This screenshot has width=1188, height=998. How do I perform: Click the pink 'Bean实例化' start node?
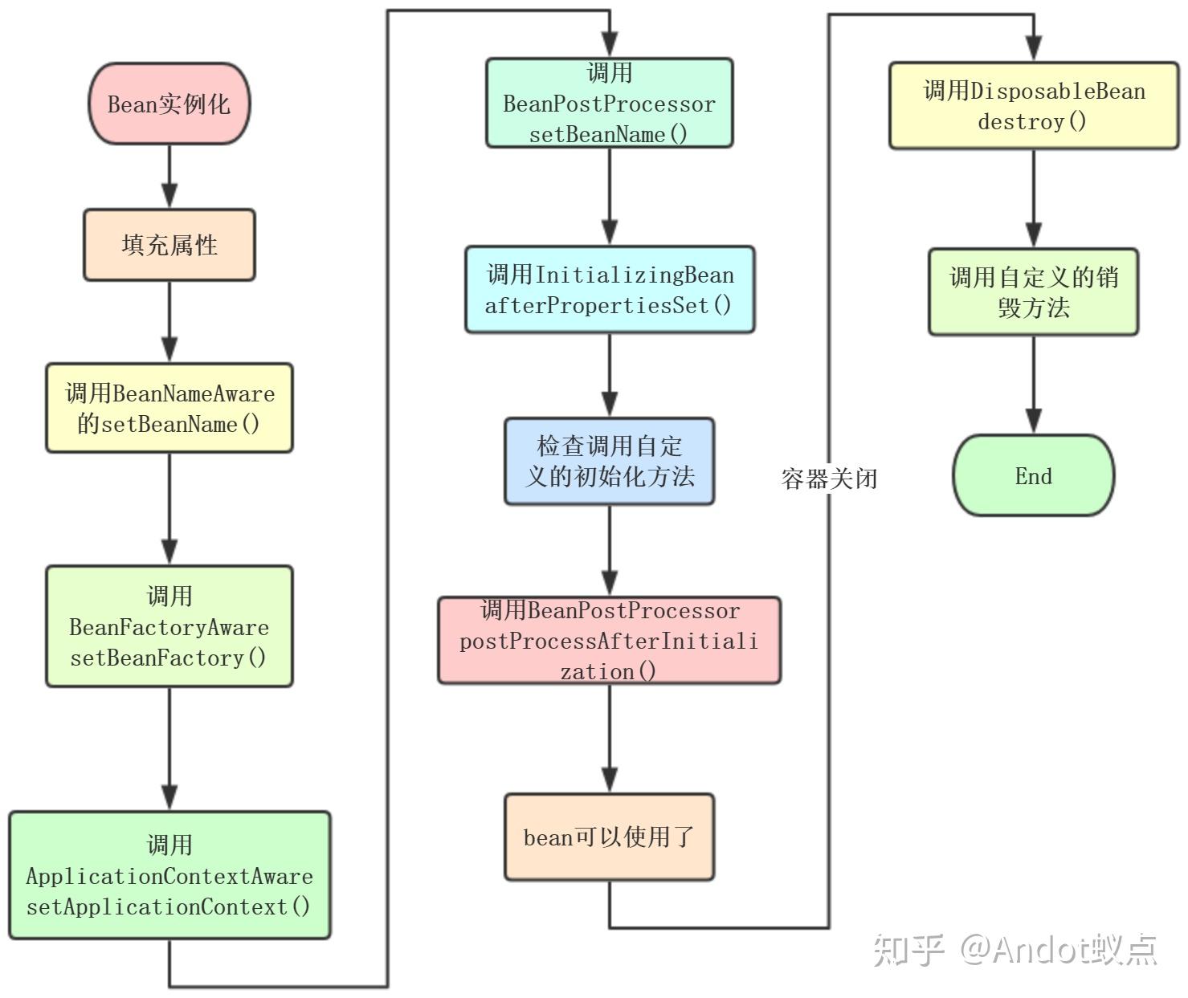(x=169, y=104)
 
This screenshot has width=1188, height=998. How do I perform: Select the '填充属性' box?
(x=169, y=245)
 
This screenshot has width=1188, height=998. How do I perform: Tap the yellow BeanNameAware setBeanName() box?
(x=169, y=408)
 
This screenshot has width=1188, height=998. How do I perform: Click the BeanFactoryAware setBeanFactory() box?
(x=169, y=626)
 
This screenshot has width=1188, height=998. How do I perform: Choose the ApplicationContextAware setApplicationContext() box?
(x=169, y=875)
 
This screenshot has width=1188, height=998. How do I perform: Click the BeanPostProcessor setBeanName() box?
(x=609, y=103)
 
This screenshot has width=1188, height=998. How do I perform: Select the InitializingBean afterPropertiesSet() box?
(x=609, y=289)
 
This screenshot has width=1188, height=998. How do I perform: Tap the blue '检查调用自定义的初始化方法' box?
(x=609, y=461)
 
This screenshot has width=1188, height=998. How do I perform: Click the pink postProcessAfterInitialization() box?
(x=609, y=640)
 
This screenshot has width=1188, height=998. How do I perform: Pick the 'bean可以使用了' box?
(x=609, y=837)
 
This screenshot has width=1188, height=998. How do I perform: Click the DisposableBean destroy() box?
(x=1034, y=105)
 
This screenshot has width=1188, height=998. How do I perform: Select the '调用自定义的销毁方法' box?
(x=1034, y=291)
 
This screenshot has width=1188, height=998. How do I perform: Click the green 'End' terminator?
(x=1034, y=475)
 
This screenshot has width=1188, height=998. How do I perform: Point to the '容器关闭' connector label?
(x=829, y=479)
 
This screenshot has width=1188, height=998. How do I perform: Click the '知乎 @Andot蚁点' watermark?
(x=1015, y=949)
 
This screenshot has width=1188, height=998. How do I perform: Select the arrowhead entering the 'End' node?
(x=1034, y=421)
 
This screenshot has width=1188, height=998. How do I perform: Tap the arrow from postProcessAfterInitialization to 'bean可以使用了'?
(x=609, y=739)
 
